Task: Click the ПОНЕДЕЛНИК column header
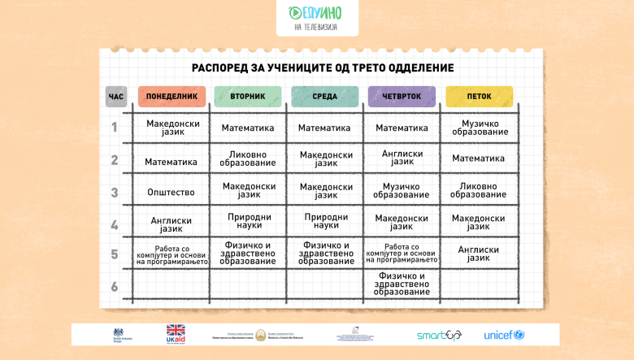point(171,97)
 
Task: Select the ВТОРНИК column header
point(247,97)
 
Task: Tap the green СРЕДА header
point(324,97)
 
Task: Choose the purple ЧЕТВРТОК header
point(402,97)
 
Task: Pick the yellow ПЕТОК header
point(479,97)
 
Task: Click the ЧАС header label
point(116,97)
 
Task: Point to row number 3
point(115,193)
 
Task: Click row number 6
point(115,286)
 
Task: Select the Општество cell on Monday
point(171,193)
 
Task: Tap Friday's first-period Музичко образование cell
point(479,128)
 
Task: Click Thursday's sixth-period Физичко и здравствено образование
point(402,284)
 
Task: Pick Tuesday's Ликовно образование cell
point(247,158)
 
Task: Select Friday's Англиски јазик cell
point(479,254)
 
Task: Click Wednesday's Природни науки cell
point(324,222)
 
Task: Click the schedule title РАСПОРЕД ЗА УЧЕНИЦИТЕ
point(323,68)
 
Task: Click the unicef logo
point(504,335)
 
